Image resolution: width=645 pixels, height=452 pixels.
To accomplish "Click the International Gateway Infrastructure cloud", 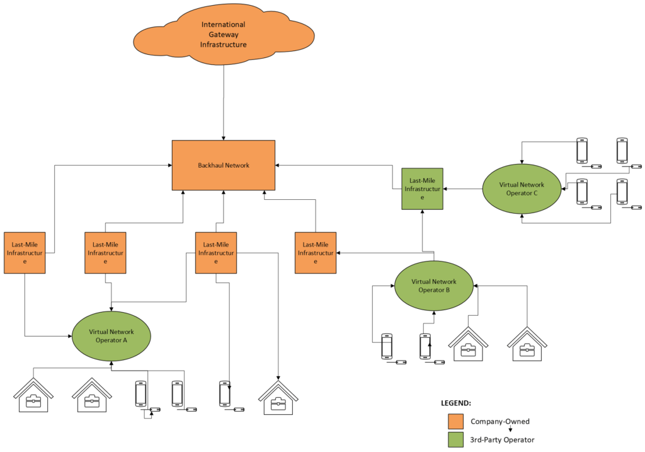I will point(224,35).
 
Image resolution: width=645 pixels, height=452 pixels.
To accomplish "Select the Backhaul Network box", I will point(224,165).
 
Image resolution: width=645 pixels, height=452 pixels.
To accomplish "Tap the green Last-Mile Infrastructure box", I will point(423,188).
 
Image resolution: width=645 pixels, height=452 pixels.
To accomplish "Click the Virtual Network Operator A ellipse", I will point(111,335).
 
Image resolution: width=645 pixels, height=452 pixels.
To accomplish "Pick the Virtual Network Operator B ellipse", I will point(434,286).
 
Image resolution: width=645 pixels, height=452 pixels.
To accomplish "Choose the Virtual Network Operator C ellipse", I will point(522,189).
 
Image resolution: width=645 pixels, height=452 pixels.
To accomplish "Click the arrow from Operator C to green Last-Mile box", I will point(463,188).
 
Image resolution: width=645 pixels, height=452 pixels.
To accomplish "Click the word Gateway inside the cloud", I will point(223,35).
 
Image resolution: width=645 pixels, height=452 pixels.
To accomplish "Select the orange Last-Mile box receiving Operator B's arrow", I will point(316,253).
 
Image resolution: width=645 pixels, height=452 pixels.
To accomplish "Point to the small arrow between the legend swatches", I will point(474,430).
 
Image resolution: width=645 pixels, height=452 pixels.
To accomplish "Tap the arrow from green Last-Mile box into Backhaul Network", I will point(340,165).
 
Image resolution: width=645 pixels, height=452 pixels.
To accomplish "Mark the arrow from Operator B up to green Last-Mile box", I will point(423,233).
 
